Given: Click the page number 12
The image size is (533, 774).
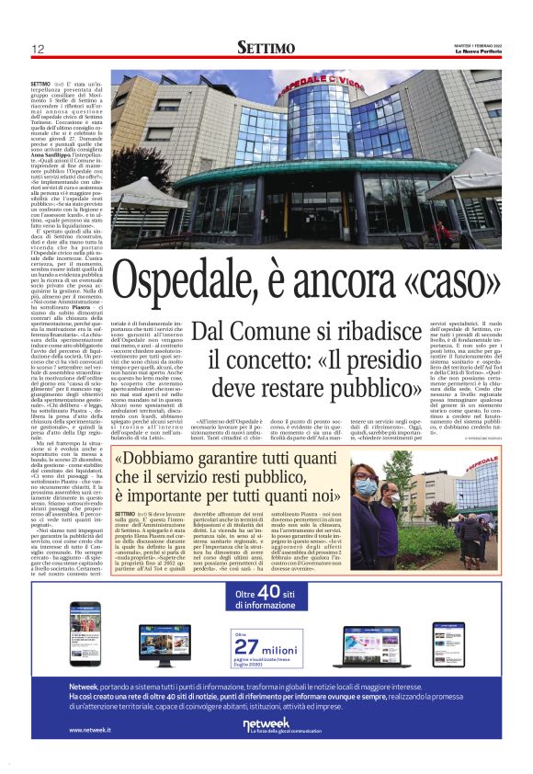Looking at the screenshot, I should [x=38, y=50].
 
